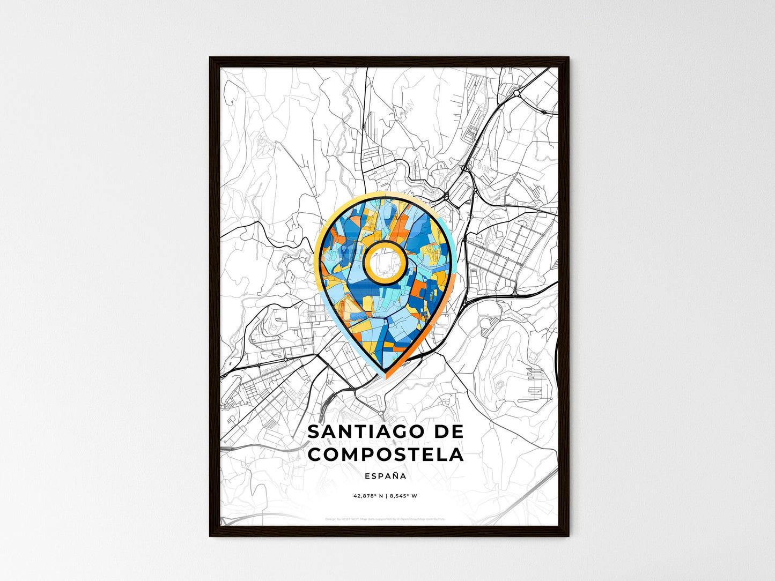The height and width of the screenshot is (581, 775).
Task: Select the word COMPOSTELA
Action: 386,455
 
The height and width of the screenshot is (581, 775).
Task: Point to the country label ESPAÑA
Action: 385,476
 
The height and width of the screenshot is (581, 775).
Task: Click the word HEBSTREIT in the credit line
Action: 351,519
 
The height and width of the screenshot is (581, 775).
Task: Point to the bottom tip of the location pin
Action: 385,372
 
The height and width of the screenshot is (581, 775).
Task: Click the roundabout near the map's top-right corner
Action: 516,93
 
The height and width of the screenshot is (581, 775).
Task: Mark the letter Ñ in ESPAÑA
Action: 394,476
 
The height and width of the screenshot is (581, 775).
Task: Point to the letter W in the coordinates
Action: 415,496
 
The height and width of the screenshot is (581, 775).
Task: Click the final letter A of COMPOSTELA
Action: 456,455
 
